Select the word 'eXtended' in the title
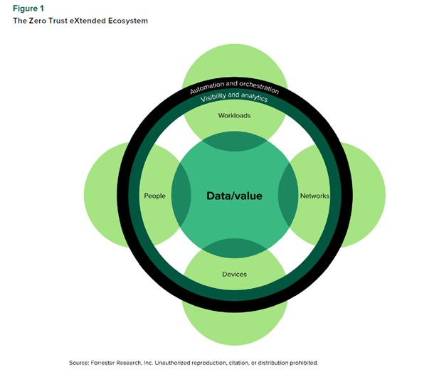[97, 21]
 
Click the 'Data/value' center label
[234, 196]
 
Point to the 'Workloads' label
[234, 115]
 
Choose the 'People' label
[154, 196]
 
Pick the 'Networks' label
[314, 196]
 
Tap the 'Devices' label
[234, 274]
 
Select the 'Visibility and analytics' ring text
[234, 98]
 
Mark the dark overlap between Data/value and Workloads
[234, 142]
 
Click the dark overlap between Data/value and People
[181, 196]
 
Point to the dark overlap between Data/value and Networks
[287, 196]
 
